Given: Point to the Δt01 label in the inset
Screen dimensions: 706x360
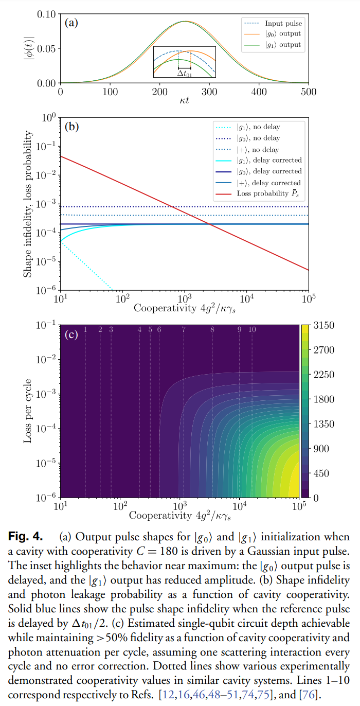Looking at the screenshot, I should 184,73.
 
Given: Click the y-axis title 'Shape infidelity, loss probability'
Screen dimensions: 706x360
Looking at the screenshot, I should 28,205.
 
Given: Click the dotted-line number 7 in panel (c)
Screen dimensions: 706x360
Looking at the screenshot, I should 184,330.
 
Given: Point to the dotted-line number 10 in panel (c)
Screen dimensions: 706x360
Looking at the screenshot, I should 252,330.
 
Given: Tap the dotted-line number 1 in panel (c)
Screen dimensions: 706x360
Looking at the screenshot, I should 85,330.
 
